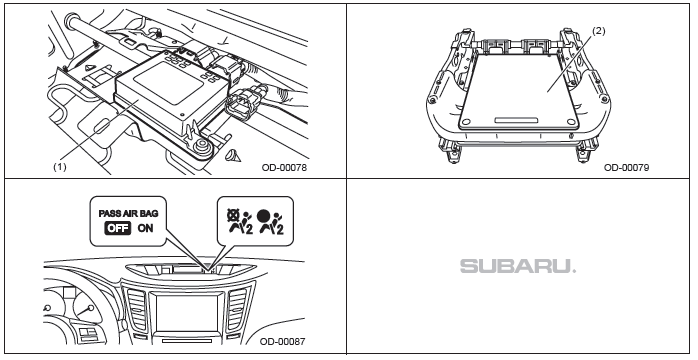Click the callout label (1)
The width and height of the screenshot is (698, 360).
60,167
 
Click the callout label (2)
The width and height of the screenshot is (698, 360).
599,31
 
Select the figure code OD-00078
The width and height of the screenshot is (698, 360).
284,167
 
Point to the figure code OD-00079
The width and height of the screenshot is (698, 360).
626,167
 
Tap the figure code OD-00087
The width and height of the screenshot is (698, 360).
283,341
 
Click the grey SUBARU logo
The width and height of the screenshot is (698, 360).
518,266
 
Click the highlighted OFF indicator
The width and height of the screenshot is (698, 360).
118,228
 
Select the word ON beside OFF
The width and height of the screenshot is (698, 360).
145,228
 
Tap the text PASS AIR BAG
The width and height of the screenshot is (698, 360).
128,213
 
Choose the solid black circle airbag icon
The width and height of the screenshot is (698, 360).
270,221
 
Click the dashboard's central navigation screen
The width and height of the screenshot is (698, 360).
187,313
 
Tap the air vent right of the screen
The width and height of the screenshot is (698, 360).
237,310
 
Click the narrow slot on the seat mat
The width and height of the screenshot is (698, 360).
516,120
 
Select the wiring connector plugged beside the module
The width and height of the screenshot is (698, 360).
239,101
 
